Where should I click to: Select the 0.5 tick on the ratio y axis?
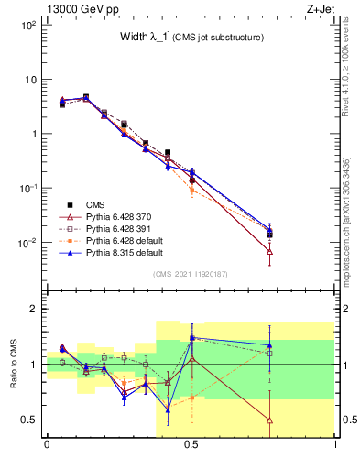point(27,420)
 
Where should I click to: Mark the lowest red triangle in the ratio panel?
point(268,420)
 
